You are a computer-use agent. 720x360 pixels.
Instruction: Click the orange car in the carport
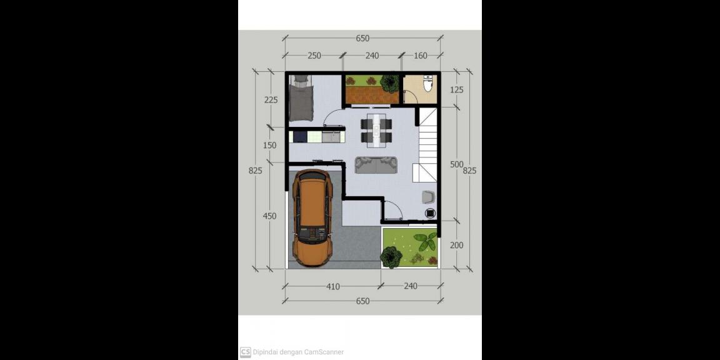click(312, 217)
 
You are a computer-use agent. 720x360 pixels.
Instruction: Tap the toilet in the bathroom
click(427, 84)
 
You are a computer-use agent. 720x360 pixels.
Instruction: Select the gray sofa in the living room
click(376, 165)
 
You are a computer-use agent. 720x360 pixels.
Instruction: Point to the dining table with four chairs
click(376, 131)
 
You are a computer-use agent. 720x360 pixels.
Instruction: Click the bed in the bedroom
click(301, 98)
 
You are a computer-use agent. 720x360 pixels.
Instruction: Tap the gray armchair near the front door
click(428, 196)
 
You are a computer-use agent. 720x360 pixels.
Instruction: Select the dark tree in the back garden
click(390, 83)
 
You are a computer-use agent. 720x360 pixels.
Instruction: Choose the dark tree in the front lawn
click(391, 257)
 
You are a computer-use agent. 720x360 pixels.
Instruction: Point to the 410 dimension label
click(332, 286)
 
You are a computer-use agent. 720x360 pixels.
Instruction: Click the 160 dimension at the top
click(420, 56)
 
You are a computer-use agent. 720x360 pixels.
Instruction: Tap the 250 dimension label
click(314, 56)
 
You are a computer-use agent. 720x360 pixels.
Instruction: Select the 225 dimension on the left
click(271, 99)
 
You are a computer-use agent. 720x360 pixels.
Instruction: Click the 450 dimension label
click(270, 216)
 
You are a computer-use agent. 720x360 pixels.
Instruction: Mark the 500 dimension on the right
click(456, 165)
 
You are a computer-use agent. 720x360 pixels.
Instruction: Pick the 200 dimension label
click(456, 245)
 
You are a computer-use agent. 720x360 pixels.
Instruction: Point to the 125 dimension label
click(456, 89)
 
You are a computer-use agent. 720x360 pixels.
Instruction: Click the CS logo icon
click(245, 352)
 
